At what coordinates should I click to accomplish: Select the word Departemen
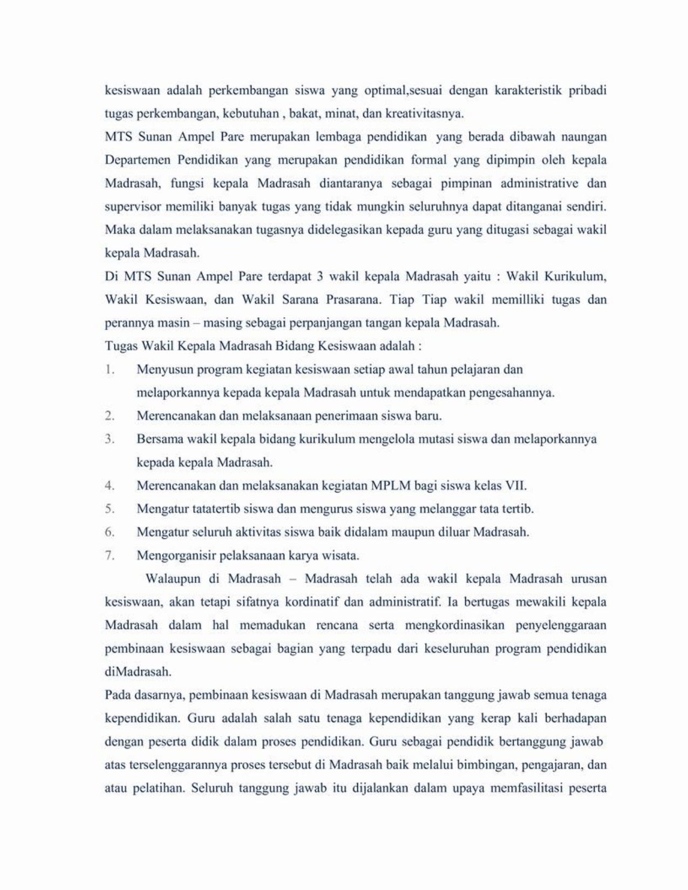click(137, 160)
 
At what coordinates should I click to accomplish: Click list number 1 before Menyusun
click(110, 369)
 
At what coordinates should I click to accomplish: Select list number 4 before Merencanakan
click(110, 485)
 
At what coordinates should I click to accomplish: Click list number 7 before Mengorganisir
click(110, 555)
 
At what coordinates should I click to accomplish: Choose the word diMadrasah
click(138, 672)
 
